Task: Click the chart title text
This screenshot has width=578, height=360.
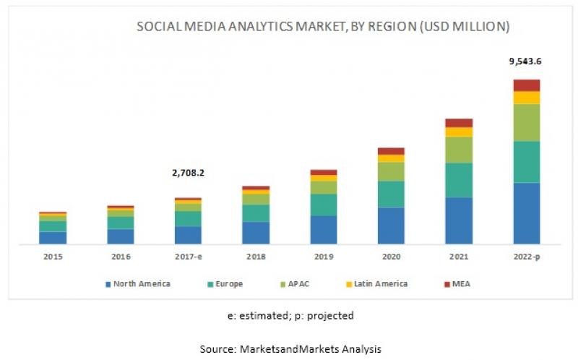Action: click(x=323, y=27)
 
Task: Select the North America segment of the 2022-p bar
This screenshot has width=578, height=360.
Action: click(x=527, y=213)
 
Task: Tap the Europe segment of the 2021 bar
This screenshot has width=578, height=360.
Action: click(x=459, y=180)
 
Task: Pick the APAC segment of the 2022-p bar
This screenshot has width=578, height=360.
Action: click(x=527, y=122)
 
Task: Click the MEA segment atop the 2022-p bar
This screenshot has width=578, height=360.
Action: click(x=527, y=85)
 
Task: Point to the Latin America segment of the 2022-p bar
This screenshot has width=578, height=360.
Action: click(x=527, y=98)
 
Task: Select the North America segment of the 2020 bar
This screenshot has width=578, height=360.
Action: click(x=391, y=226)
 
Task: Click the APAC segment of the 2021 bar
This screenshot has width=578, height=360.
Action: click(x=459, y=150)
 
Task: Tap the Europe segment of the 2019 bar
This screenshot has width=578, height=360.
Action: click(x=324, y=205)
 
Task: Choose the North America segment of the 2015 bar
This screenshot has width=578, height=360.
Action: click(x=53, y=238)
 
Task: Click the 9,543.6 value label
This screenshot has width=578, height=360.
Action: click(x=526, y=61)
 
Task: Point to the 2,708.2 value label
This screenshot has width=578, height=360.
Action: click(x=188, y=173)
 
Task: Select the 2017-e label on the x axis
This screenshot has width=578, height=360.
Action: click(x=188, y=257)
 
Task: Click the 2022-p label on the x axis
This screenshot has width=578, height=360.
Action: click(x=527, y=257)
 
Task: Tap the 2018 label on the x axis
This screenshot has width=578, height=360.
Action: click(x=256, y=257)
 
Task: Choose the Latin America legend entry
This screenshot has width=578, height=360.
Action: click(x=380, y=284)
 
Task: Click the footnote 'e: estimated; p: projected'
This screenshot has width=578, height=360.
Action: click(x=289, y=316)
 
